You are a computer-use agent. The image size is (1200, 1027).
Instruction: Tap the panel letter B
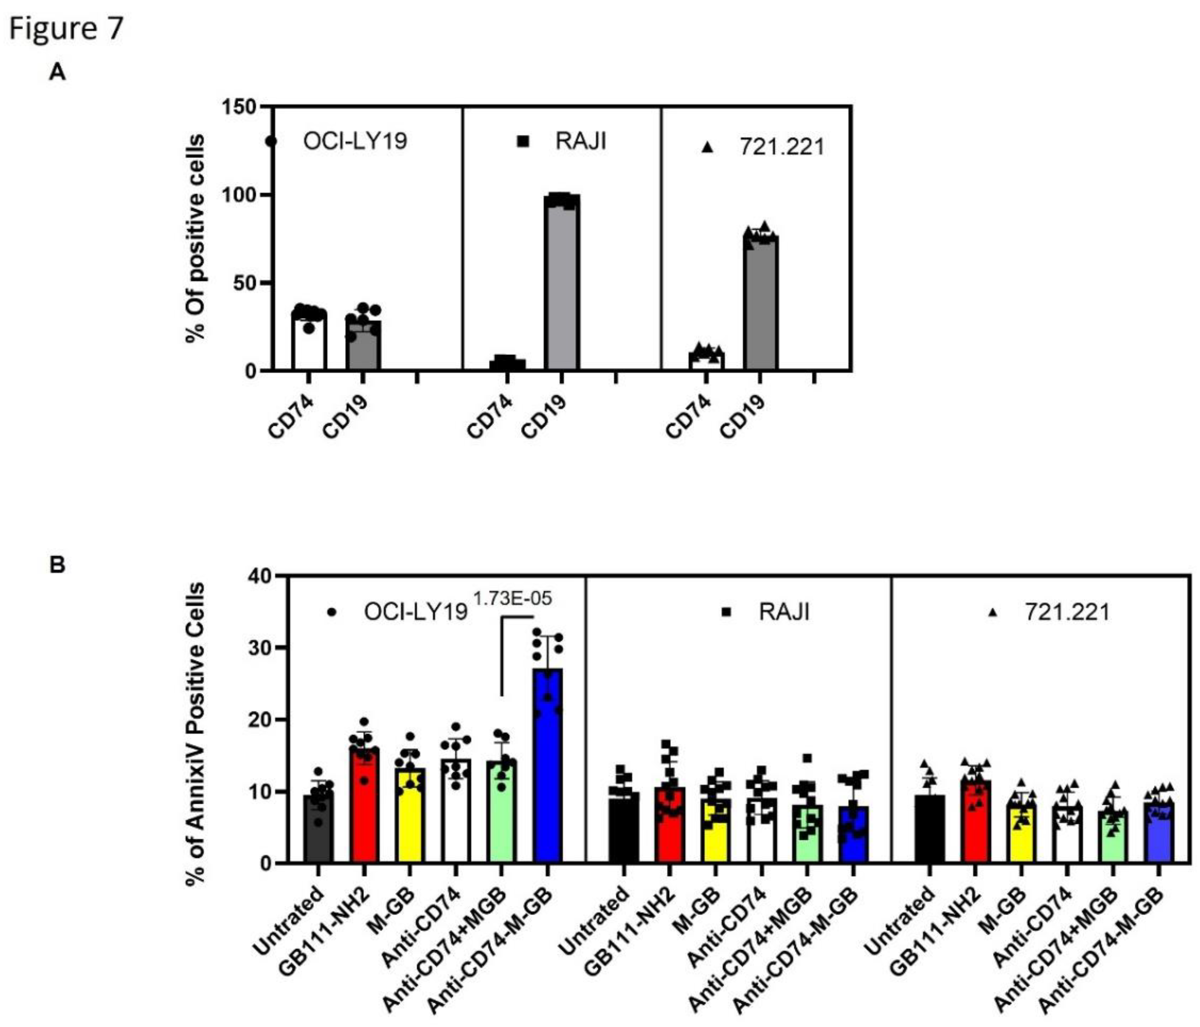[57, 565]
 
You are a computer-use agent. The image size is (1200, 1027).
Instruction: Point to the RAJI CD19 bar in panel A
[561, 284]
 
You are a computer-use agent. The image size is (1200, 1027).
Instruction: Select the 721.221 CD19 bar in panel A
[761, 304]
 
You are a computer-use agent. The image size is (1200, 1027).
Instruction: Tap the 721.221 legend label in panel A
[781, 147]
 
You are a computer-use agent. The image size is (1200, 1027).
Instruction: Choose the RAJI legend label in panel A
[580, 141]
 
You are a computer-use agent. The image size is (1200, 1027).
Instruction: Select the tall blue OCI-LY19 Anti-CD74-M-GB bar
[548, 764]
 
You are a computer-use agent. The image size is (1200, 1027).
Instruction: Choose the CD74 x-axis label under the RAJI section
[490, 417]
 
